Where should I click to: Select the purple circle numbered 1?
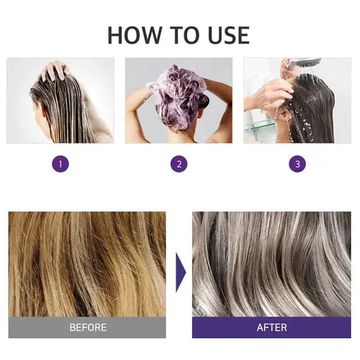click(x=61, y=164)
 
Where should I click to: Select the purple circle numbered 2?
click(x=179, y=164)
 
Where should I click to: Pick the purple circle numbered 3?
click(x=297, y=164)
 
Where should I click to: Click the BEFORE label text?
click(x=88, y=328)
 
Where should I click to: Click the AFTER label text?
click(x=271, y=328)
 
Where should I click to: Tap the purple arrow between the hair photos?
click(x=180, y=272)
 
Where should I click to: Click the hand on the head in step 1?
click(x=55, y=70)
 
